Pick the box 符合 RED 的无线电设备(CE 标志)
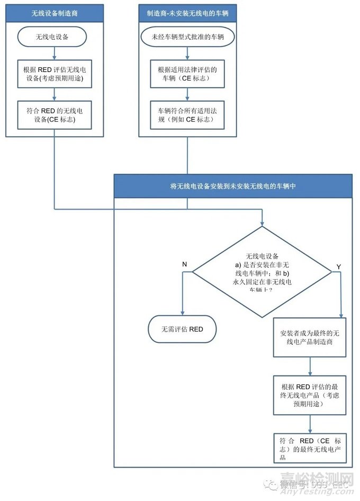point(55,114)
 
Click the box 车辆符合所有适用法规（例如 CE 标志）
point(188,114)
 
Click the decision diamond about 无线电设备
point(262,272)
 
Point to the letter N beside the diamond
point(184,264)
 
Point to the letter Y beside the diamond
point(339,266)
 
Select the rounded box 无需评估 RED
point(182,329)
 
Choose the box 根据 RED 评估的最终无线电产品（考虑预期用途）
point(310,395)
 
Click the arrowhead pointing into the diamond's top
point(262,222)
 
